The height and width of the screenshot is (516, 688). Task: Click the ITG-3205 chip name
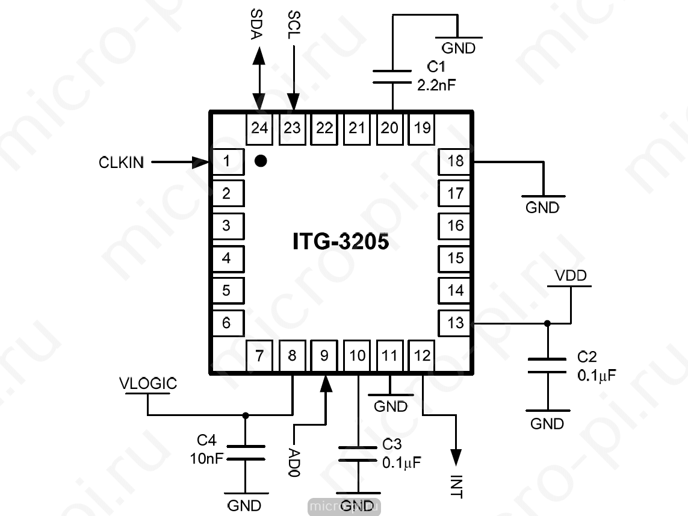coord(341,241)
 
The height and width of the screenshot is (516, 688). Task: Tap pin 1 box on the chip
coord(228,161)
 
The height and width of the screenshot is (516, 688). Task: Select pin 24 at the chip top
coord(259,129)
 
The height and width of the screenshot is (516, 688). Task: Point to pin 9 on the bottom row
coord(324,356)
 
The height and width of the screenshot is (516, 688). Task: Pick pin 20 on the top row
coord(389,129)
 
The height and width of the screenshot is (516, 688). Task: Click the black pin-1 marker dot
coord(261,161)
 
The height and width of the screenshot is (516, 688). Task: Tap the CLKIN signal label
coord(121,163)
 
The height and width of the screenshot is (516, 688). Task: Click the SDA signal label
coord(256,24)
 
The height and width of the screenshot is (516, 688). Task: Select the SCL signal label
coord(294,25)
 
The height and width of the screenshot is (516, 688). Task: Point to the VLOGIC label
coord(148,384)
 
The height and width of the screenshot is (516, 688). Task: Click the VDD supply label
coord(571,276)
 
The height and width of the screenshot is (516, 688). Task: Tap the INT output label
coord(457,486)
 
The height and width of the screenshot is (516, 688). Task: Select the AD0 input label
coord(294,463)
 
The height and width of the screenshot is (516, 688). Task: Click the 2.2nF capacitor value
coord(436,85)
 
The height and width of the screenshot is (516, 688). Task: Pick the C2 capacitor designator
coord(587,356)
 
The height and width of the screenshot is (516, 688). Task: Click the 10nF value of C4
coord(206,459)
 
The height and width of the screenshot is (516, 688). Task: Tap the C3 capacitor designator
coord(392,444)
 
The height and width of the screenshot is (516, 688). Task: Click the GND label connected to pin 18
coord(542,208)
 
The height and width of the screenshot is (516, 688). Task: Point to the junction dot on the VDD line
coord(547,324)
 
